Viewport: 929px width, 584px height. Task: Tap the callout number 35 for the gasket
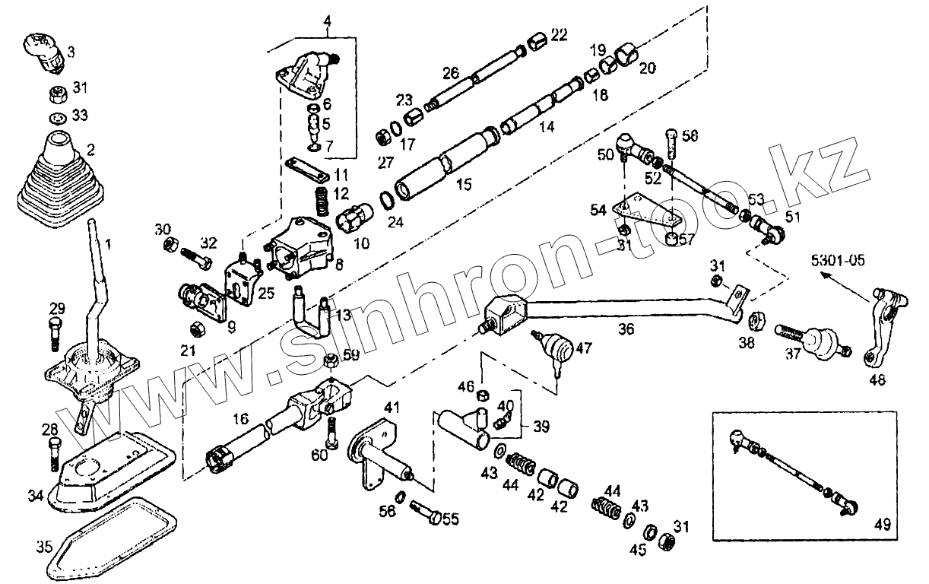tap(44, 545)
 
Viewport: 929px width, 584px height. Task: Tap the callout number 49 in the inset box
tap(882, 524)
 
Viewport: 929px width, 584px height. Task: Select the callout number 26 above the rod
tap(451, 74)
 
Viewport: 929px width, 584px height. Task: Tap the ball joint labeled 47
tap(556, 348)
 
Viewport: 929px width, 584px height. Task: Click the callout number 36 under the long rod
tap(625, 330)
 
